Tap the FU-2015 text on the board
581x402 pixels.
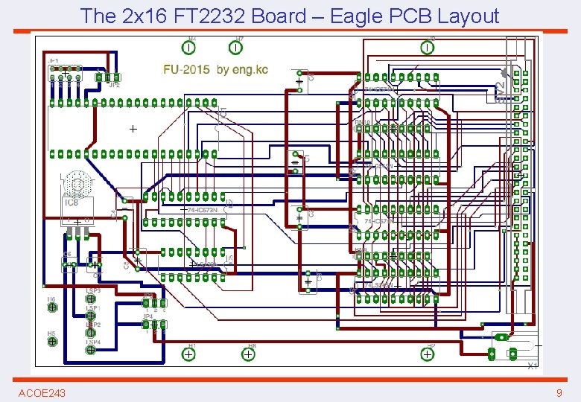[186, 70]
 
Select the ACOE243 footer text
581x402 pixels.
[42, 392]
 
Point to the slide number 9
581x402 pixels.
[559, 392]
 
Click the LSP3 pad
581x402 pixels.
[91, 299]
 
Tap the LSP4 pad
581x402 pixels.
[91, 350]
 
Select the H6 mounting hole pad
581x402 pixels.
[52, 307]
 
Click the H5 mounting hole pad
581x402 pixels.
[52, 342]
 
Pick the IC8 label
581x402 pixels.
[72, 202]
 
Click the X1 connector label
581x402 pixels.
[532, 366]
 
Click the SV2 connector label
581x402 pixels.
[500, 92]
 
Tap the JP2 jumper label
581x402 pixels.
[114, 86]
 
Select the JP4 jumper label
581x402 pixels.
[147, 316]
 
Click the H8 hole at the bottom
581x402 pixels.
[247, 354]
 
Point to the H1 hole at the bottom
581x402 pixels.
[189, 354]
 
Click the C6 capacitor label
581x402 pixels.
[67, 255]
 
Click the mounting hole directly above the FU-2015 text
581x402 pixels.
[190, 48]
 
